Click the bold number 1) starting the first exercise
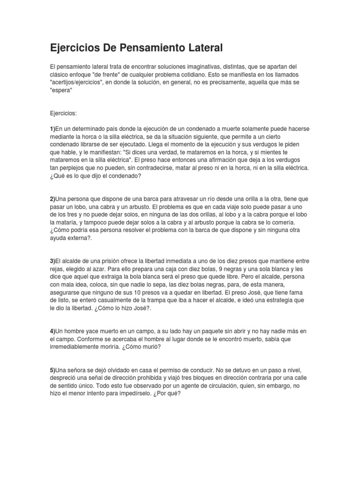[53, 128]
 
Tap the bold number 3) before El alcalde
[53, 261]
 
